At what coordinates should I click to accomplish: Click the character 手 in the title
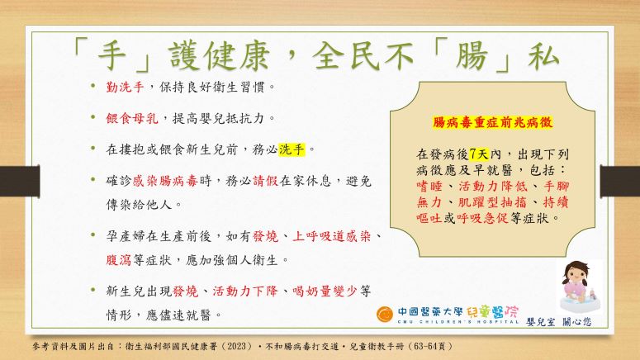pos(112,56)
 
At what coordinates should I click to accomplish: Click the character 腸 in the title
pos(472,56)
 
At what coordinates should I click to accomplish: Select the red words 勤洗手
pos(125,87)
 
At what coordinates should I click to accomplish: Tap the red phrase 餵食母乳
pos(132,118)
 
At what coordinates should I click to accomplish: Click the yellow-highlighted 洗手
pos(292,149)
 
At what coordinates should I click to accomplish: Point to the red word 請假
pos(265,180)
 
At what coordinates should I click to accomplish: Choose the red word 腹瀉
pos(118,260)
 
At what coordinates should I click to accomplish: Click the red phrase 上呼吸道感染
pos(332,236)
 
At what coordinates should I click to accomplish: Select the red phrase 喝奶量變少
pos(325,291)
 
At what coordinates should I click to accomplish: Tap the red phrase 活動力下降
pos(245,291)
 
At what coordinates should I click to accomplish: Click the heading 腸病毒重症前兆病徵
pos(492,122)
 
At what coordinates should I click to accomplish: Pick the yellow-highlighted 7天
pos(479,154)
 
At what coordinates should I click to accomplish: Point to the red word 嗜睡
pos(429,187)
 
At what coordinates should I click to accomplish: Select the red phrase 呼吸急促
pos(482,218)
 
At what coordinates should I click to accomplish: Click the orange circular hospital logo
pos(385,315)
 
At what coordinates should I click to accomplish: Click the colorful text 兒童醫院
pos(492,312)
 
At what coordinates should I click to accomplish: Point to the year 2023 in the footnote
pos(237,347)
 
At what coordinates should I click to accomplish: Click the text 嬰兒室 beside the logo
pos(541,322)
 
